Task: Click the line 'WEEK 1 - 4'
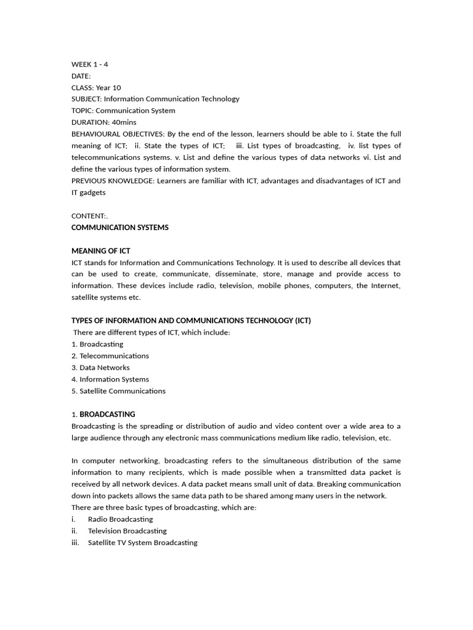pyautogui.click(x=90, y=64)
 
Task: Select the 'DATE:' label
pyautogui.click(x=81, y=76)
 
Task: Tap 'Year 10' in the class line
pyautogui.click(x=108, y=87)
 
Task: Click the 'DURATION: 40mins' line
pyautogui.click(x=104, y=122)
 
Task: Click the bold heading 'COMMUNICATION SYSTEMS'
pyautogui.click(x=119, y=228)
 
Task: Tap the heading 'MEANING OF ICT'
pyautogui.click(x=100, y=251)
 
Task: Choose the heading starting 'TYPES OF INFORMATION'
pyautogui.click(x=191, y=321)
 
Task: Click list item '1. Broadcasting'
pyautogui.click(x=97, y=344)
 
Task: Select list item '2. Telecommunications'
pyautogui.click(x=110, y=356)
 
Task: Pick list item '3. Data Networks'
pyautogui.click(x=100, y=367)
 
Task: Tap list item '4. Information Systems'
pyautogui.click(x=110, y=379)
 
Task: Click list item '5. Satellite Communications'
pyautogui.click(x=118, y=391)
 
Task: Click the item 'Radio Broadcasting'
pyautogui.click(x=120, y=519)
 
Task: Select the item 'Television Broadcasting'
pyautogui.click(x=127, y=531)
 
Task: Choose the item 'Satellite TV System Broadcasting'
pyautogui.click(x=142, y=543)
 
